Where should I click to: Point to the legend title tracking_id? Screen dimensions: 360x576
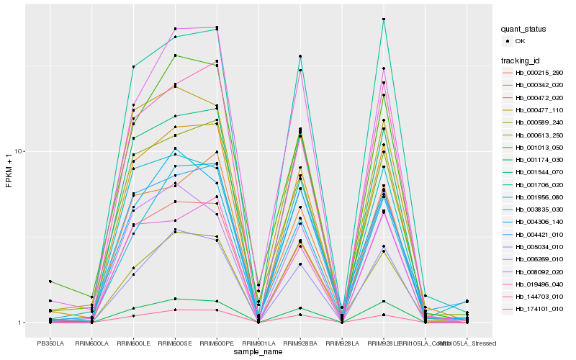(x=523, y=60)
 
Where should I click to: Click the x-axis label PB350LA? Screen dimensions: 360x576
(x=50, y=334)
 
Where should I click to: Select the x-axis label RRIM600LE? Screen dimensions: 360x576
(x=133, y=334)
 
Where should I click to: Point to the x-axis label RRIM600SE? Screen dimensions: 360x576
(x=175, y=334)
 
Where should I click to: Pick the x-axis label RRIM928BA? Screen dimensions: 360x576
(x=300, y=334)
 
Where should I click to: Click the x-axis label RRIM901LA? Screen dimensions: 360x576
(x=258, y=334)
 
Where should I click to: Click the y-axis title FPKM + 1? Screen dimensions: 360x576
(x=9, y=172)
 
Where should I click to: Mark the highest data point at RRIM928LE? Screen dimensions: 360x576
(x=384, y=19)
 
